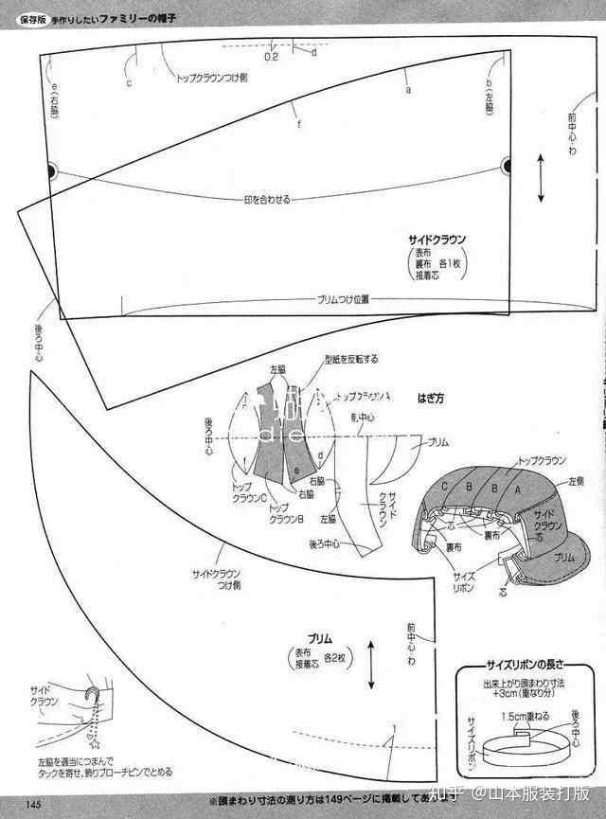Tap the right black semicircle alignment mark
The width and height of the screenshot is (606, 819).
(507, 167)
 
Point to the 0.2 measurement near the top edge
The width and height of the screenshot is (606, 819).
(271, 57)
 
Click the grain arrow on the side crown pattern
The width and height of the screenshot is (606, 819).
(541, 177)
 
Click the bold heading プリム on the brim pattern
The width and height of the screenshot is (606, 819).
(319, 639)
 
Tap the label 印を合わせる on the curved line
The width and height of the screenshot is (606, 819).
(266, 200)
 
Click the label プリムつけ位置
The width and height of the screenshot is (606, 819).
(343, 298)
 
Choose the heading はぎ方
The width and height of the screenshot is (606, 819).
(432, 399)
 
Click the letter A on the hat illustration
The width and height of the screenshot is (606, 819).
(517, 490)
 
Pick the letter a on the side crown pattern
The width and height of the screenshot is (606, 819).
(408, 91)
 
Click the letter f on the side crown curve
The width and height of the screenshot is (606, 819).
(298, 125)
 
